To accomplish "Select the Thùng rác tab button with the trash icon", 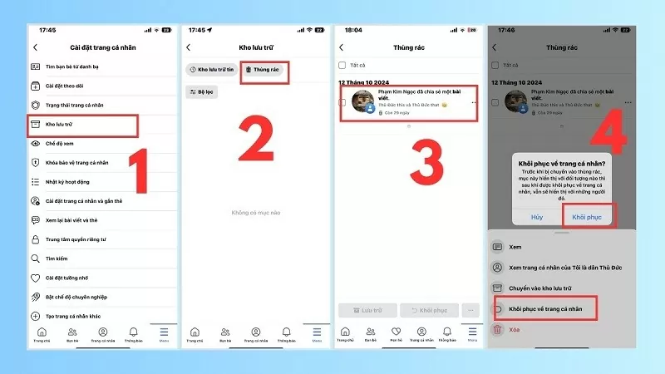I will (265, 71).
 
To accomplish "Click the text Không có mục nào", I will (255, 213).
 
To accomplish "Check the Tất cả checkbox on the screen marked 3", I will (342, 64).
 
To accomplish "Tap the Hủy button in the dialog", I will (536, 216).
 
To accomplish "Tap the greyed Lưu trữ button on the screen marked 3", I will (367, 310).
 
